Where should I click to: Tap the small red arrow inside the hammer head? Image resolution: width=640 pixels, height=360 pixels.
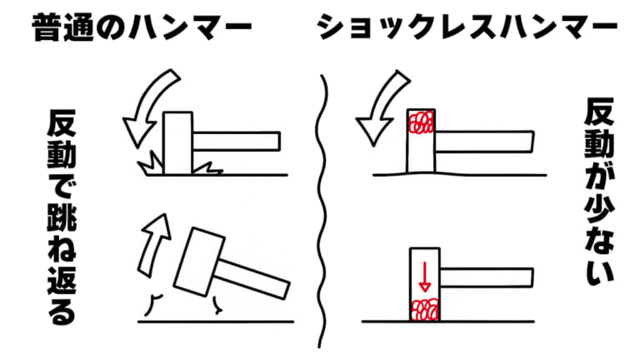pos(424,276)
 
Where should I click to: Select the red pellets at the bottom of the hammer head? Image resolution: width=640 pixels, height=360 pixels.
pos(424,311)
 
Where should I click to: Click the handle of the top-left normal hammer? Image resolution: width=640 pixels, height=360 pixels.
pos(237,139)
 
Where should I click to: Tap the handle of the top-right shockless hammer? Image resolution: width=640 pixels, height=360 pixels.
pos(483,142)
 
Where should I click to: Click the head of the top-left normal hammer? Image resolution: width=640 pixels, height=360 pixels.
pos(176,142)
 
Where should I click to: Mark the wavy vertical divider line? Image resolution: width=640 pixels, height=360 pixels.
pos(321,208)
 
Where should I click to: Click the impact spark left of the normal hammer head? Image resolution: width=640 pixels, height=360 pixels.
pos(151,163)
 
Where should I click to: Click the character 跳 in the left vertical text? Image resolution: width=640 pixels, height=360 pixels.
pos(62,218)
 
